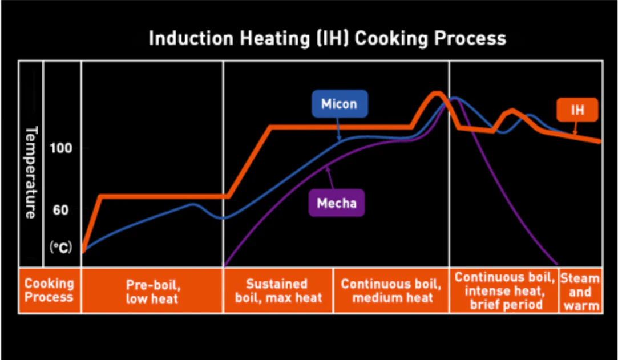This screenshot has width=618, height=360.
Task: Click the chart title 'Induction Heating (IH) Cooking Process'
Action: [327, 38]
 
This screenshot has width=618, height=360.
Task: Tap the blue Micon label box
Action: [339, 104]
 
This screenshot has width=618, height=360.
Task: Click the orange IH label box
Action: [577, 110]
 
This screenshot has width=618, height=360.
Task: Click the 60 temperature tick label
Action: [60, 210]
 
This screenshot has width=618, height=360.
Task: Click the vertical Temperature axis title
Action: [31, 171]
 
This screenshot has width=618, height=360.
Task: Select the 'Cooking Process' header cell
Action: [49, 290]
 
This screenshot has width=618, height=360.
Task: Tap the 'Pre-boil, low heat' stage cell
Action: [152, 290]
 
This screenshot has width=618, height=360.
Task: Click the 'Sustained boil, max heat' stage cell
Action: [277, 290]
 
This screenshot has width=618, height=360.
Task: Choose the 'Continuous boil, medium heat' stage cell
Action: [391, 290]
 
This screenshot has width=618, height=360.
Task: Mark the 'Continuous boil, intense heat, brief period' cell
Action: [504, 290]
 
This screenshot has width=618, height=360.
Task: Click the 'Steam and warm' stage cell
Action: [580, 290]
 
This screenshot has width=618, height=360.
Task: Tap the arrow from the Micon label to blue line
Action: [338, 129]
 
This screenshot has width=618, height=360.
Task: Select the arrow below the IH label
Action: [575, 129]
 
